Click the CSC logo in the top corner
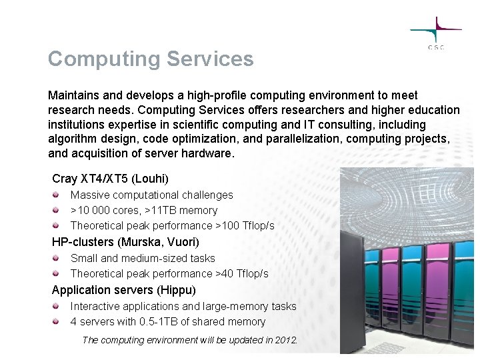point(436,33)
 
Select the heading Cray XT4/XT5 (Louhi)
point(110,179)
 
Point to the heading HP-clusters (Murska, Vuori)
point(125,242)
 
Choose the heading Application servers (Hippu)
point(123,290)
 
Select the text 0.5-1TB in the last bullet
point(161,322)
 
